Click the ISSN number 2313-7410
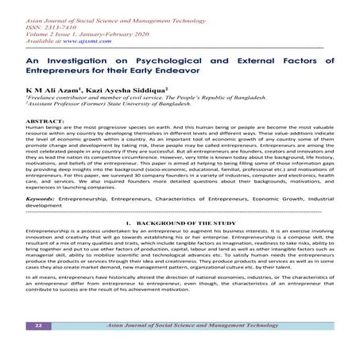click(x=68, y=24)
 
